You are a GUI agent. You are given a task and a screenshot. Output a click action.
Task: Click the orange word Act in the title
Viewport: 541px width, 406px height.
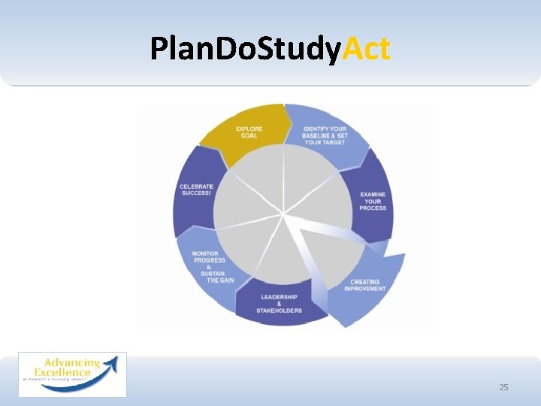click(367, 49)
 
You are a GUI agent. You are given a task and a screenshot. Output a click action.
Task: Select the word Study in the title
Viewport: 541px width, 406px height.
click(298, 49)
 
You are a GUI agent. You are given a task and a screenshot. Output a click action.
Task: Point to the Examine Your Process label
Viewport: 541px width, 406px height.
click(373, 201)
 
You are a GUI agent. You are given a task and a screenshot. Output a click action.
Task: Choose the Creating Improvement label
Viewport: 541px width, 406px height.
click(367, 285)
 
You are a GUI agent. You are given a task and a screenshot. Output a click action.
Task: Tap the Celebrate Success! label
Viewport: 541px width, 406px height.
click(196, 189)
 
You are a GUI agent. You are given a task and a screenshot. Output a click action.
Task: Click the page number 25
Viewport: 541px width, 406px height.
click(503, 387)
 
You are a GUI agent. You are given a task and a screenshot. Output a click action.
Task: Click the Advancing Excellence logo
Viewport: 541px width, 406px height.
click(72, 374)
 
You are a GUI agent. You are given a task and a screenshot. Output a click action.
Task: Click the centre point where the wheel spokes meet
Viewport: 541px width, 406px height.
click(284, 214)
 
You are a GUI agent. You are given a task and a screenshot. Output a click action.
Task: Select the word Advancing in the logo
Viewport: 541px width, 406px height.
click(68, 362)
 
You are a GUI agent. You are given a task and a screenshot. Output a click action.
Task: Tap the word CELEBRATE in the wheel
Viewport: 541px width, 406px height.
click(196, 186)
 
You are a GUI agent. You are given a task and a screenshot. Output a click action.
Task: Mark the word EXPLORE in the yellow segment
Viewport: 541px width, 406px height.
click(249, 129)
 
